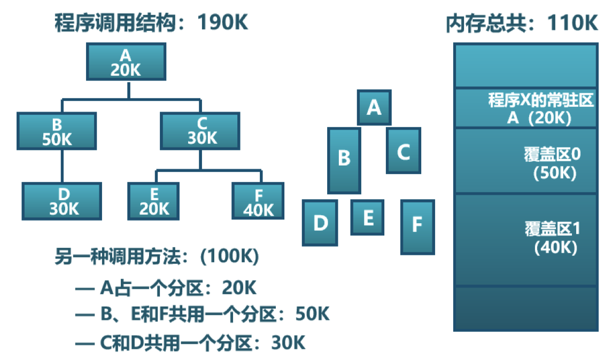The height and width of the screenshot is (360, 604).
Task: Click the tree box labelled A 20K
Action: [126, 61]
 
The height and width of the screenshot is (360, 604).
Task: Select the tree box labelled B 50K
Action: [57, 131]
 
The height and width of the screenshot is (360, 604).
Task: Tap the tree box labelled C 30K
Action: [200, 131]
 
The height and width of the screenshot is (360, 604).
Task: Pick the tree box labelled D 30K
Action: [62, 201]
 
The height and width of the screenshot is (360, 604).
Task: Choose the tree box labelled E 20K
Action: [153, 201]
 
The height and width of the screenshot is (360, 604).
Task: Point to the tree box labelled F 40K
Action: [258, 201]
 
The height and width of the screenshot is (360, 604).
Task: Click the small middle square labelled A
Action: [374, 107]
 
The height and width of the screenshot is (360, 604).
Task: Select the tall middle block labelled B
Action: [344, 160]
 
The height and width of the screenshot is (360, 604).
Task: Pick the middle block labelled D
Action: [320, 222]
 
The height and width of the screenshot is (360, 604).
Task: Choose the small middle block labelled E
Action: [367, 217]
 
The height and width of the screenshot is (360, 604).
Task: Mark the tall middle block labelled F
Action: [417, 226]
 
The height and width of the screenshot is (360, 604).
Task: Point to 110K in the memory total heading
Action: [571, 24]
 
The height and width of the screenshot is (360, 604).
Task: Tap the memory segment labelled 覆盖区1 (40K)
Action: [526, 239]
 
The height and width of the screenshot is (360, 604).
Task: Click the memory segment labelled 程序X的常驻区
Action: [526, 108]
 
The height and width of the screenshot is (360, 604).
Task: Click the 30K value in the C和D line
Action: [289, 342]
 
